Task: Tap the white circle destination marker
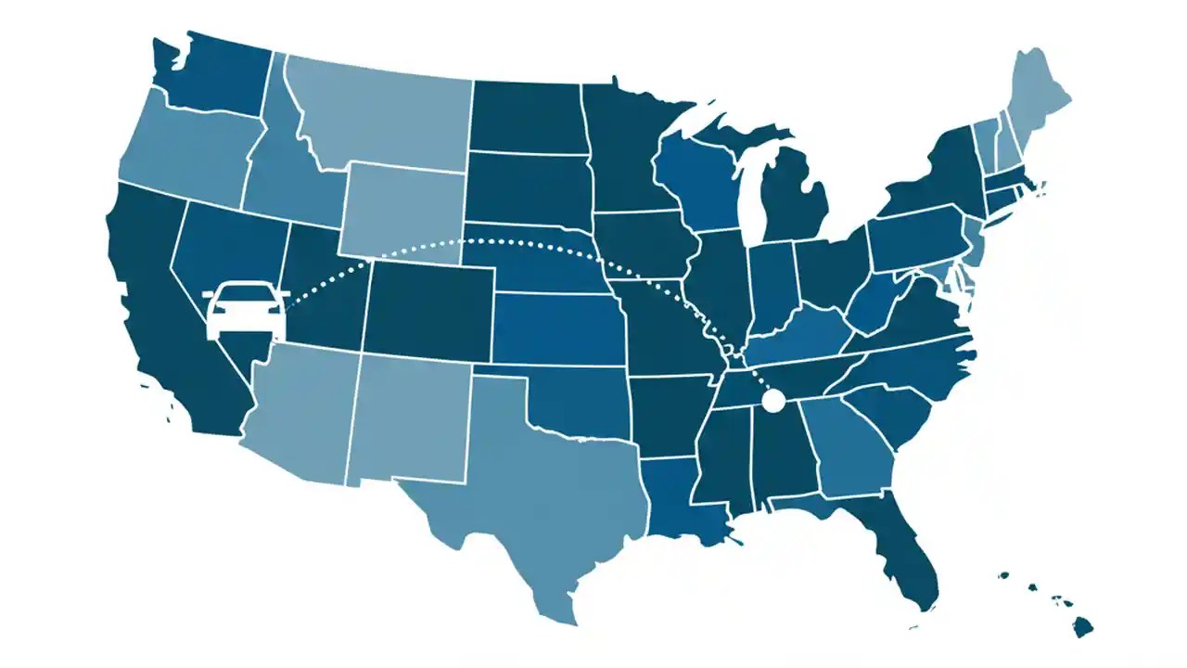point(772,401)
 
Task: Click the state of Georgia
point(849,445)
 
